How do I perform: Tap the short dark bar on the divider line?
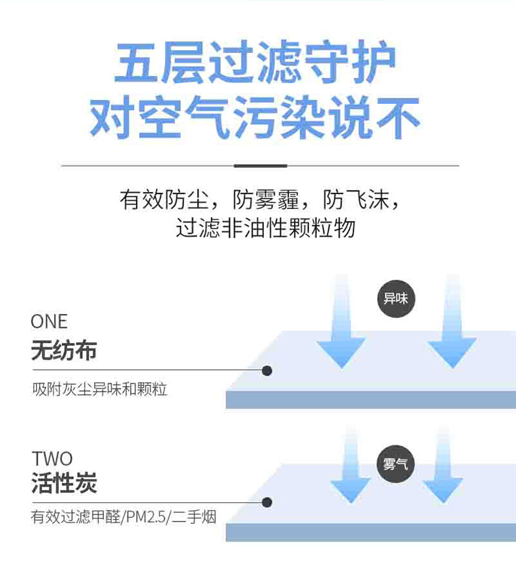[260, 166]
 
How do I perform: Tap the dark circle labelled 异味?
[395, 299]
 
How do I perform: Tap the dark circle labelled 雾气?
[395, 464]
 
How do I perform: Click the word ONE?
[49, 322]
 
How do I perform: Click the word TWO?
[52, 458]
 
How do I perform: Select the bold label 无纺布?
[64, 351]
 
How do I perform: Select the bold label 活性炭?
[64, 485]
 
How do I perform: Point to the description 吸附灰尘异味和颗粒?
[100, 390]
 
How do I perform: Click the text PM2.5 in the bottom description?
[147, 517]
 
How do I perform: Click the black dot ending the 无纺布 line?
[266, 370]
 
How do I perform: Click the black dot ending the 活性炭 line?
[266, 502]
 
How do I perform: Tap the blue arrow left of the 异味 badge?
[340, 327]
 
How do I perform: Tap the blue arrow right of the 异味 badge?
[452, 327]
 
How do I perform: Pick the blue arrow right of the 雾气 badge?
[443, 470]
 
